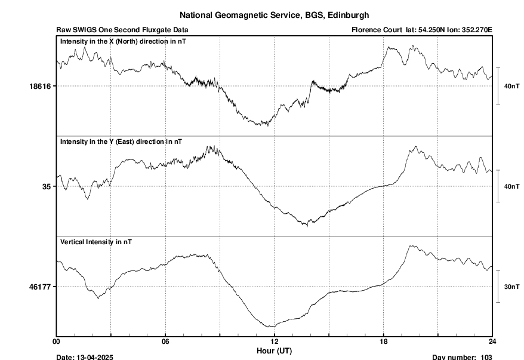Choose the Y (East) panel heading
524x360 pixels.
[121, 141]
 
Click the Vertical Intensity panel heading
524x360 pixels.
[96, 242]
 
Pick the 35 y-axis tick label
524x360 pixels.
[46, 186]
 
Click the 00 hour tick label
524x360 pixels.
[57, 341]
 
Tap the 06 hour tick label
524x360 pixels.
[165, 341]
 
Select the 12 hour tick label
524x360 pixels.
[275, 341]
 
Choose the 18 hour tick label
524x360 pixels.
[383, 341]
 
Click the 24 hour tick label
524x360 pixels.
[492, 341]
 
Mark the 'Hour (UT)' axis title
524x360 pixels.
[275, 349]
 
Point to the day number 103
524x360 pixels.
[486, 357]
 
